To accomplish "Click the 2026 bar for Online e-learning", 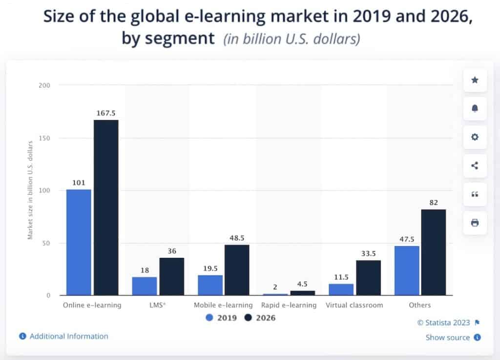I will (106, 208).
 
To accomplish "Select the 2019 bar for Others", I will (407, 271).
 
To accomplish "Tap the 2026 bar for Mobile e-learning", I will (237, 270).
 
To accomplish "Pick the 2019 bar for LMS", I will (145, 286).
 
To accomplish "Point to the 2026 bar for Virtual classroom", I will (368, 278).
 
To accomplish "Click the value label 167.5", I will (106, 113).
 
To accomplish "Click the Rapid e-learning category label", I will (289, 305).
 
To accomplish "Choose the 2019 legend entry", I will (222, 318).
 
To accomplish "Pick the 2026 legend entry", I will (260, 318).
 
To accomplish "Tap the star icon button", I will (475, 80).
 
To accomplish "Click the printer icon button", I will (475, 223).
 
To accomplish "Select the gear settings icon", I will (475, 137).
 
